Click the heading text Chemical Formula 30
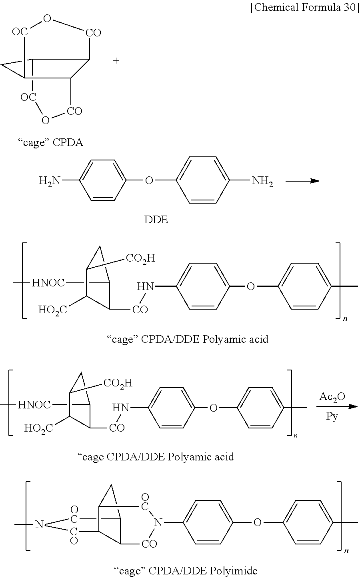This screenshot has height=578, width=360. point(305,8)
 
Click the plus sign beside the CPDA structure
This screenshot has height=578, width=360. point(116,61)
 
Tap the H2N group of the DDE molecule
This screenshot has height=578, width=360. point(50,181)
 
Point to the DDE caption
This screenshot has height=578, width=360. point(156,220)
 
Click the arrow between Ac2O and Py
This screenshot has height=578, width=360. point(336,406)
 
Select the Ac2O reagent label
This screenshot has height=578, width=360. point(332,396)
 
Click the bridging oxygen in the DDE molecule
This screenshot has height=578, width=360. point(149,181)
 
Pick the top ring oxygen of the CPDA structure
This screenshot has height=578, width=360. point(47,19)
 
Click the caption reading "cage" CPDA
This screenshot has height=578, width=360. point(50,143)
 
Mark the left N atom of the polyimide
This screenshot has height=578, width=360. point(39,524)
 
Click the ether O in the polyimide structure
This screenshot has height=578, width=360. point(258,522)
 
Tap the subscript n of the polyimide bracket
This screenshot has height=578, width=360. point(346,551)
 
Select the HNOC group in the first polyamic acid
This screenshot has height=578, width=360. point(48,283)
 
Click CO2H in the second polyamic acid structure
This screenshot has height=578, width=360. point(118,383)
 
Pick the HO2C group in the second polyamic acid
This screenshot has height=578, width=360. point(38,428)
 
